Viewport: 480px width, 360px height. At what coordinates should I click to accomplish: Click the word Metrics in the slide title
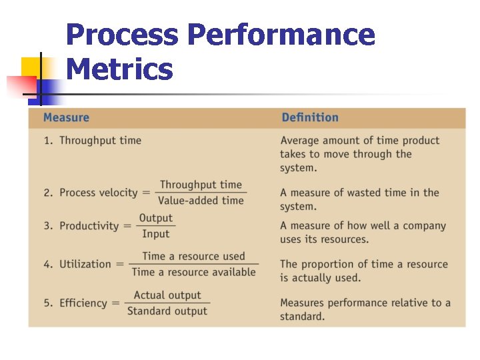point(120,69)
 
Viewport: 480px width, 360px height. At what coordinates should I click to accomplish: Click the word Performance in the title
point(281,35)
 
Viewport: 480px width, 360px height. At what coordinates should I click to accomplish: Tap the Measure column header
point(66,118)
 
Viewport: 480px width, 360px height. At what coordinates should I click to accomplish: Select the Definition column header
point(310,118)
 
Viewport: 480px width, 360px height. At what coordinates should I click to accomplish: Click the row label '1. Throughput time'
point(93,141)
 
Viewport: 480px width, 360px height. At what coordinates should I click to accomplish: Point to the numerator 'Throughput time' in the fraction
point(201,185)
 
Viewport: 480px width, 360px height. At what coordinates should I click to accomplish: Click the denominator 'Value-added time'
point(201,200)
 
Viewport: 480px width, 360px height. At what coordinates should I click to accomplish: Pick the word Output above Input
point(155,218)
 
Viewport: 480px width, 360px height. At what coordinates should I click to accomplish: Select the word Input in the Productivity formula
point(155,234)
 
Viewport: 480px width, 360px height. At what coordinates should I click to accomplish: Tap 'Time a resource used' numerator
point(193,256)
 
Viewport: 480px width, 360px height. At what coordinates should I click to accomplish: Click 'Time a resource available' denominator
point(193,272)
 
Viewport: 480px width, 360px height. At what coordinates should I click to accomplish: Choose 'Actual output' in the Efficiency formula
point(167,295)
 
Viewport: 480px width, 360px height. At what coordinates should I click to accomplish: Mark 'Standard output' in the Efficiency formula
point(167,311)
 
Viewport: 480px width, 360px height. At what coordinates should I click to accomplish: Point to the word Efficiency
point(83,303)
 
